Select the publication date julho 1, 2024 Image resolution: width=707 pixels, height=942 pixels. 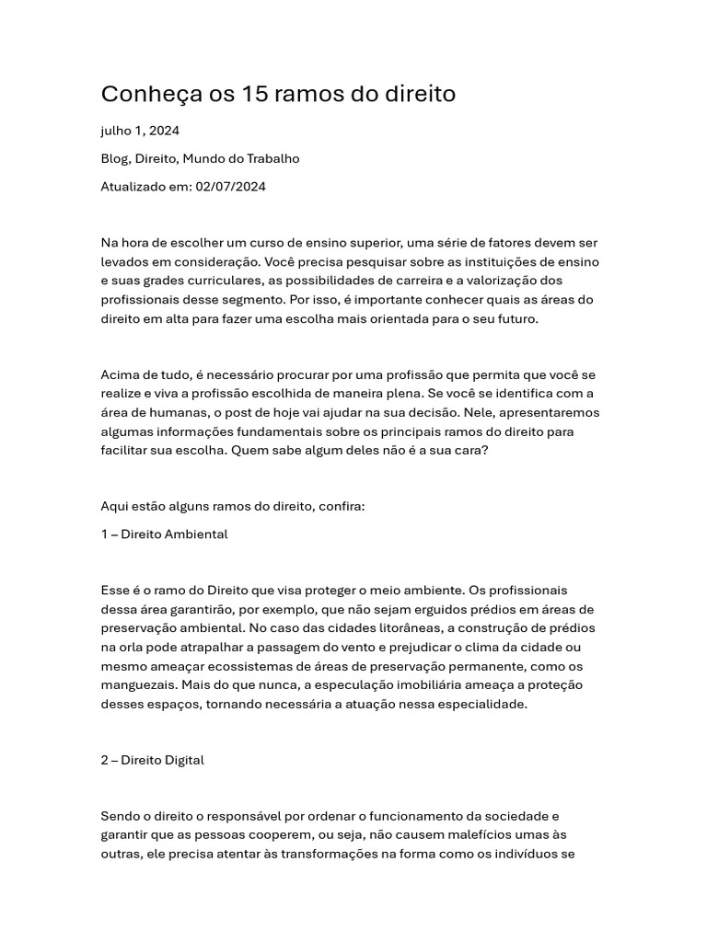point(140,131)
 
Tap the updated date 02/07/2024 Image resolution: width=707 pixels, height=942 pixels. point(230,187)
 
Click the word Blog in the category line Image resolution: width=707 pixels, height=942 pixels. point(114,158)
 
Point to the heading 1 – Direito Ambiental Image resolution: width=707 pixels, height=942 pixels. point(164,534)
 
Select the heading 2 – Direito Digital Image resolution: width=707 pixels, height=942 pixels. point(152,760)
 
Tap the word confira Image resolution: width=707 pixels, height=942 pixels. point(342,506)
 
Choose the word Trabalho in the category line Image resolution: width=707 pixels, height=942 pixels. point(272,158)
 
